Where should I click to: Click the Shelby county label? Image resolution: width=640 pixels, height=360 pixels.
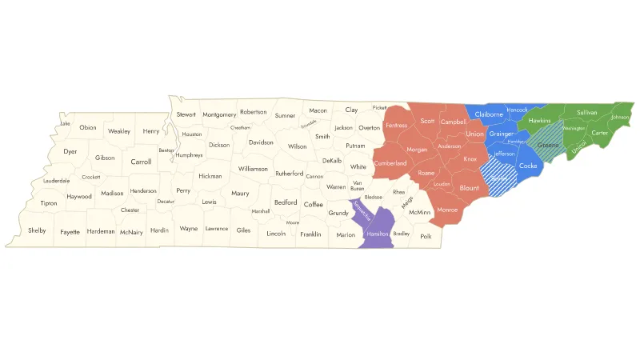tap(37, 230)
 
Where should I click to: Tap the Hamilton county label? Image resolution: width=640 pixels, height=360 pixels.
tap(378, 233)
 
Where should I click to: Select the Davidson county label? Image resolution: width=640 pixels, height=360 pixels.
tap(261, 142)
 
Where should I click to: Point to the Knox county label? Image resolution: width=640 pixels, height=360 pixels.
tap(470, 159)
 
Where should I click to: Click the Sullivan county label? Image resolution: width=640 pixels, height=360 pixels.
tap(587, 113)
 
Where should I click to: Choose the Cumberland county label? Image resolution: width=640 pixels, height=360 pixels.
tap(391, 163)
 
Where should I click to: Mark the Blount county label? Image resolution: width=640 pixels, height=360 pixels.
tap(470, 187)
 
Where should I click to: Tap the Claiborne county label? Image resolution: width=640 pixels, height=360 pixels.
tap(489, 114)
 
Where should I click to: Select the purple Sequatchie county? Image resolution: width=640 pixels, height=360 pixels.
tap(362, 210)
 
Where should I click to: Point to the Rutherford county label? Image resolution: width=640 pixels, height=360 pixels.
tap(289, 173)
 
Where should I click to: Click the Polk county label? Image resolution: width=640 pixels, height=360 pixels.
tap(426, 236)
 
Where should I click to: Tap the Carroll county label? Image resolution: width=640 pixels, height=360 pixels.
tap(141, 162)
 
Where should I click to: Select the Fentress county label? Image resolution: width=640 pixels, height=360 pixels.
tap(396, 126)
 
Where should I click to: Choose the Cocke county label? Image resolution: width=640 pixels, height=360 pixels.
tap(528, 166)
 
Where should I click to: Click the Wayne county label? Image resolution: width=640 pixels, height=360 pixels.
tap(189, 229)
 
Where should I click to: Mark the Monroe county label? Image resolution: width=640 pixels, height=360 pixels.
tap(447, 210)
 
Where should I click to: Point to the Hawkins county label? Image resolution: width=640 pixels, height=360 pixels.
tap(540, 121)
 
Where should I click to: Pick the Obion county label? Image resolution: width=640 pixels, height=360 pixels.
tap(88, 128)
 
